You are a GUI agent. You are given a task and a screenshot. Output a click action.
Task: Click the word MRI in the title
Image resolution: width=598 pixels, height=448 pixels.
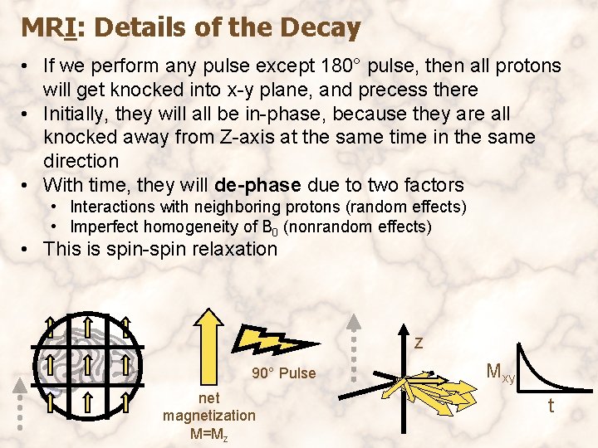(51, 28)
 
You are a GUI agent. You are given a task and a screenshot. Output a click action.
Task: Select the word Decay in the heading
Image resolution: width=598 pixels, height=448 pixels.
(320, 28)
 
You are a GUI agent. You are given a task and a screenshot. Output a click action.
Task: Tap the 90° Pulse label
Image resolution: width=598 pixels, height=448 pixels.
(283, 373)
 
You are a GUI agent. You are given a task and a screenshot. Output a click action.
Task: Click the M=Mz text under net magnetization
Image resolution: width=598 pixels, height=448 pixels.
(209, 433)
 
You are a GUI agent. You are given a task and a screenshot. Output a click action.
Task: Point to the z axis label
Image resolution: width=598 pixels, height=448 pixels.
(419, 342)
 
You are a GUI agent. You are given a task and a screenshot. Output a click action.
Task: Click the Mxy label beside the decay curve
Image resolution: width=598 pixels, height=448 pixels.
(500, 373)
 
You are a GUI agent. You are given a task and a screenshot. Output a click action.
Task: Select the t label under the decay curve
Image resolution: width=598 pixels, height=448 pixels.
(550, 406)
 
